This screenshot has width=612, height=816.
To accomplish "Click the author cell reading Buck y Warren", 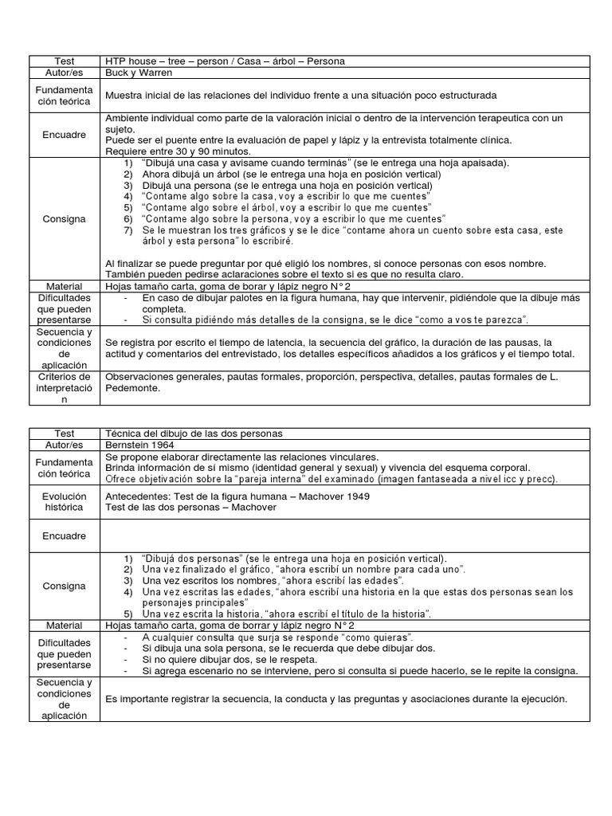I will [139, 72].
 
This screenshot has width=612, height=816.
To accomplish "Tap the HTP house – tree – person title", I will [226, 61].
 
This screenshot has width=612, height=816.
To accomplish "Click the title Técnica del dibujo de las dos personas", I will [194, 433].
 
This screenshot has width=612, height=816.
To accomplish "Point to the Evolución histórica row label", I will [65, 501].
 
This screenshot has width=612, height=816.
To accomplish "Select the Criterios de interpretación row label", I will [65, 387].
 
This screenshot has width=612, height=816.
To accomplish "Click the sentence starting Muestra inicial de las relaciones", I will [300, 95].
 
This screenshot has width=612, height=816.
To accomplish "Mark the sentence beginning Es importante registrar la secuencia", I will [335, 699].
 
